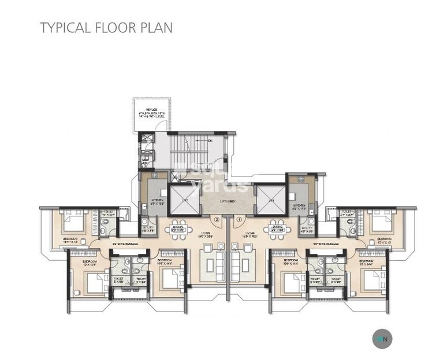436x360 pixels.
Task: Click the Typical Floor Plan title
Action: [106, 27]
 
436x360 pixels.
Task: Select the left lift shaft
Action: [184, 198]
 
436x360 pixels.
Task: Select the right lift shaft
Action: [270, 198]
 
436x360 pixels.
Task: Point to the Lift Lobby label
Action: [227, 200]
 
